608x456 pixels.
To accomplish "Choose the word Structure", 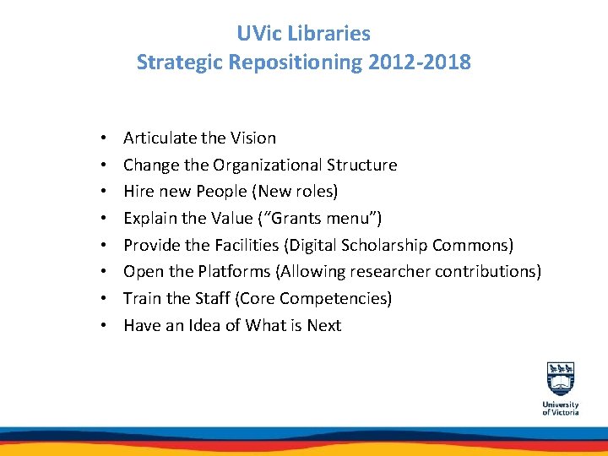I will (x=361, y=165).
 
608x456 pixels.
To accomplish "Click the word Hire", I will (x=139, y=191).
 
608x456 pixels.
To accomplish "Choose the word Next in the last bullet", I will (x=324, y=325).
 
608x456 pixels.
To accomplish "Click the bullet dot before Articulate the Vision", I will (x=101, y=138).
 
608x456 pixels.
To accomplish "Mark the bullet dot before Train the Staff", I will (x=101, y=299).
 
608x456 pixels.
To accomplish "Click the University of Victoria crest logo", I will (x=561, y=378).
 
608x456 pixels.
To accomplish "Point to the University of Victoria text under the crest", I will (x=561, y=408).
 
